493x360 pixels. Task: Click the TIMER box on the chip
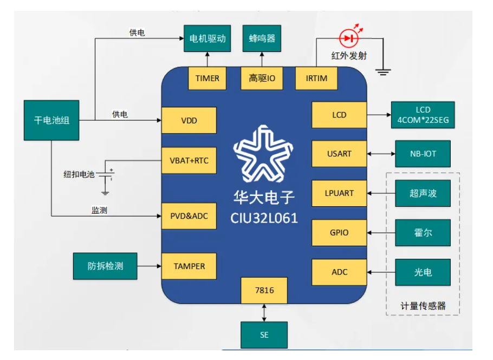207,78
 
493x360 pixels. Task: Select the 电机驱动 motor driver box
207,38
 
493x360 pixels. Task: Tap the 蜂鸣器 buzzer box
262,38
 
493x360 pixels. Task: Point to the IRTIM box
316,78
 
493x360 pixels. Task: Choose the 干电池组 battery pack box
51,120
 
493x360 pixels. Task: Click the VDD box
189,120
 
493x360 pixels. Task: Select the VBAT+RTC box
189,161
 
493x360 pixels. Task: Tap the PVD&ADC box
189,216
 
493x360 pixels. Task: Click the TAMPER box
189,266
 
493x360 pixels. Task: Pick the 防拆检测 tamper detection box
105,266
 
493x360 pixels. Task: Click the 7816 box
264,290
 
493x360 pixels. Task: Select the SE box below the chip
264,335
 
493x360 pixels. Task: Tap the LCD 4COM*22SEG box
423,115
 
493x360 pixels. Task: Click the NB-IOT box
423,154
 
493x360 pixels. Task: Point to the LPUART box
339,193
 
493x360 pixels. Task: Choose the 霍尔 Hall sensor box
423,233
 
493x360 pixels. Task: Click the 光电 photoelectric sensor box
423,272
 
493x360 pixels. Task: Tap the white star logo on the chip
264,154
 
